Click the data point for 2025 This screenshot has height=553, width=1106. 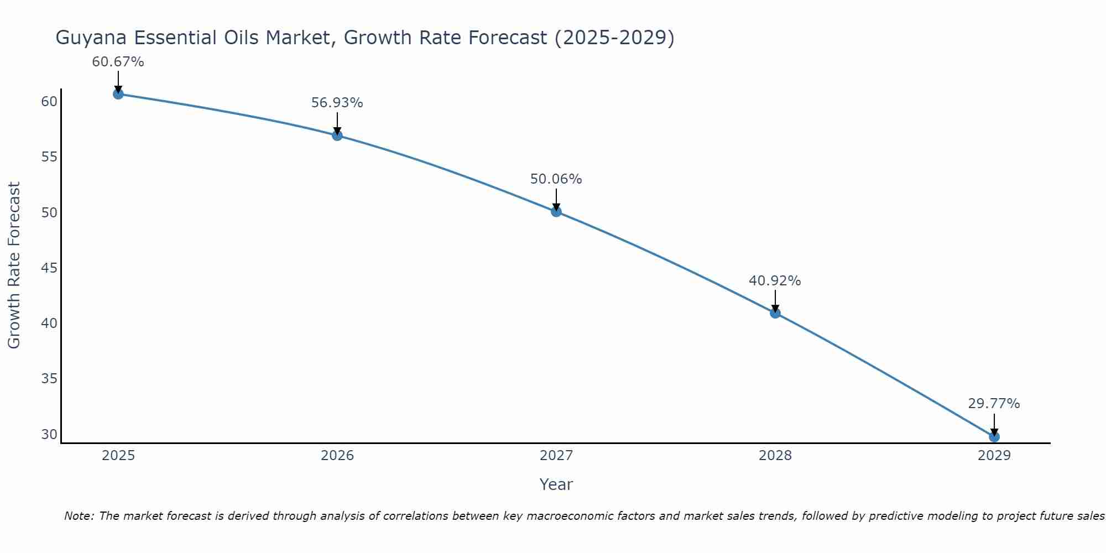(118, 94)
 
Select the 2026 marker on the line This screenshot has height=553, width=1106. (337, 135)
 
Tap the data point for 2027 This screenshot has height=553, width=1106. (556, 211)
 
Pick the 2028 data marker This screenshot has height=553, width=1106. (775, 313)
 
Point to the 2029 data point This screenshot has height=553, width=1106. (994, 437)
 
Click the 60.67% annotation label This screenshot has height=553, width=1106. (118, 62)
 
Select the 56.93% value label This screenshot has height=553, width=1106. (337, 103)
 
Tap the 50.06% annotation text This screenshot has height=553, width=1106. (556, 179)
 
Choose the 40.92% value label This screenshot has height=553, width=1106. (775, 281)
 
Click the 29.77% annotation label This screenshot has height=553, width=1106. (994, 404)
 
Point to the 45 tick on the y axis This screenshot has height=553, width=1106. (49, 268)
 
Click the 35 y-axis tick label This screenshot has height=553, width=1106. (49, 379)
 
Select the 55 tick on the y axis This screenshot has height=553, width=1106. (49, 157)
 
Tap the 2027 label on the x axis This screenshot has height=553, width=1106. (556, 456)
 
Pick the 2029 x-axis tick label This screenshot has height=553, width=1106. (994, 456)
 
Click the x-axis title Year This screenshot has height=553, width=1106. (556, 484)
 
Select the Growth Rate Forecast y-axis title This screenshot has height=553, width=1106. (14, 265)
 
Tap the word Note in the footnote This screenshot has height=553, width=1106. (79, 516)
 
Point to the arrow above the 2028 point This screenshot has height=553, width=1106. (775, 301)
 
